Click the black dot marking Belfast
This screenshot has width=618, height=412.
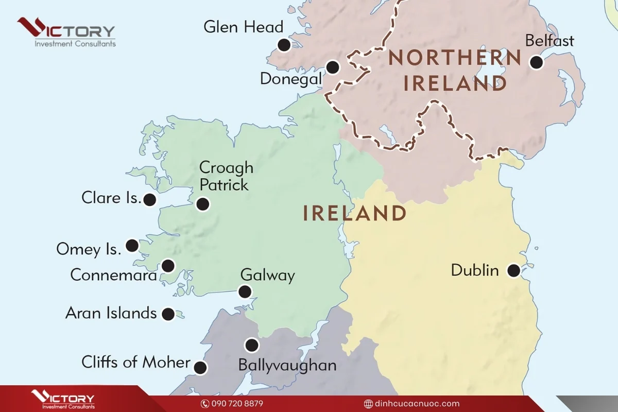[537, 62]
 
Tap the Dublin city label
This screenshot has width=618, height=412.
[475, 270]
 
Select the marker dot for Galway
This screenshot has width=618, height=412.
[245, 292]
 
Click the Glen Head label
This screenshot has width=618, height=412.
[244, 27]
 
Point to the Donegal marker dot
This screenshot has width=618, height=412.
[333, 67]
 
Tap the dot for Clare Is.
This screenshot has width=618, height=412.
[150, 200]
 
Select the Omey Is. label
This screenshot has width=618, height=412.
[89, 249]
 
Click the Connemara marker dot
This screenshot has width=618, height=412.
[168, 266]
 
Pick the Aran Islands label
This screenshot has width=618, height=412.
[111, 313]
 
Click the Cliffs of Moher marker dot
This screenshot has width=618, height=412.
[200, 368]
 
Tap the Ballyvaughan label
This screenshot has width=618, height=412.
[287, 365]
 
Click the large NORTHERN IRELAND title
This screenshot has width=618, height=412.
[455, 70]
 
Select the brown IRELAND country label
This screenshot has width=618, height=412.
[354, 213]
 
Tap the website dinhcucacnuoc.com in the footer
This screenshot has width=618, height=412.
[417, 404]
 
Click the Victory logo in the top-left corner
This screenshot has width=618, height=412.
[66, 32]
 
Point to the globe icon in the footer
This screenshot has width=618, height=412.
[368, 404]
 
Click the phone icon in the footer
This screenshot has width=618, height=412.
[204, 404]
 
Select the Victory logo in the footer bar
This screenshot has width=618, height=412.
[63, 400]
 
